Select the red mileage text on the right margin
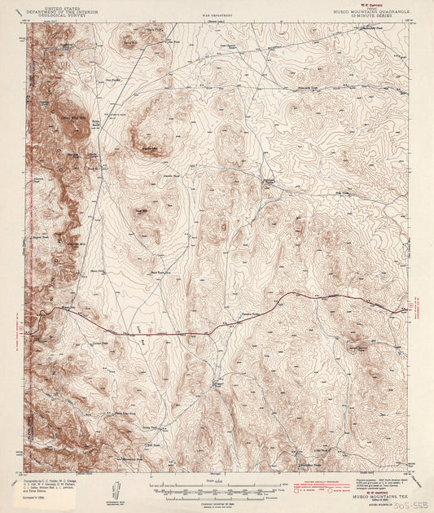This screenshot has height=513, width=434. pyautogui.click(x=417, y=309)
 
